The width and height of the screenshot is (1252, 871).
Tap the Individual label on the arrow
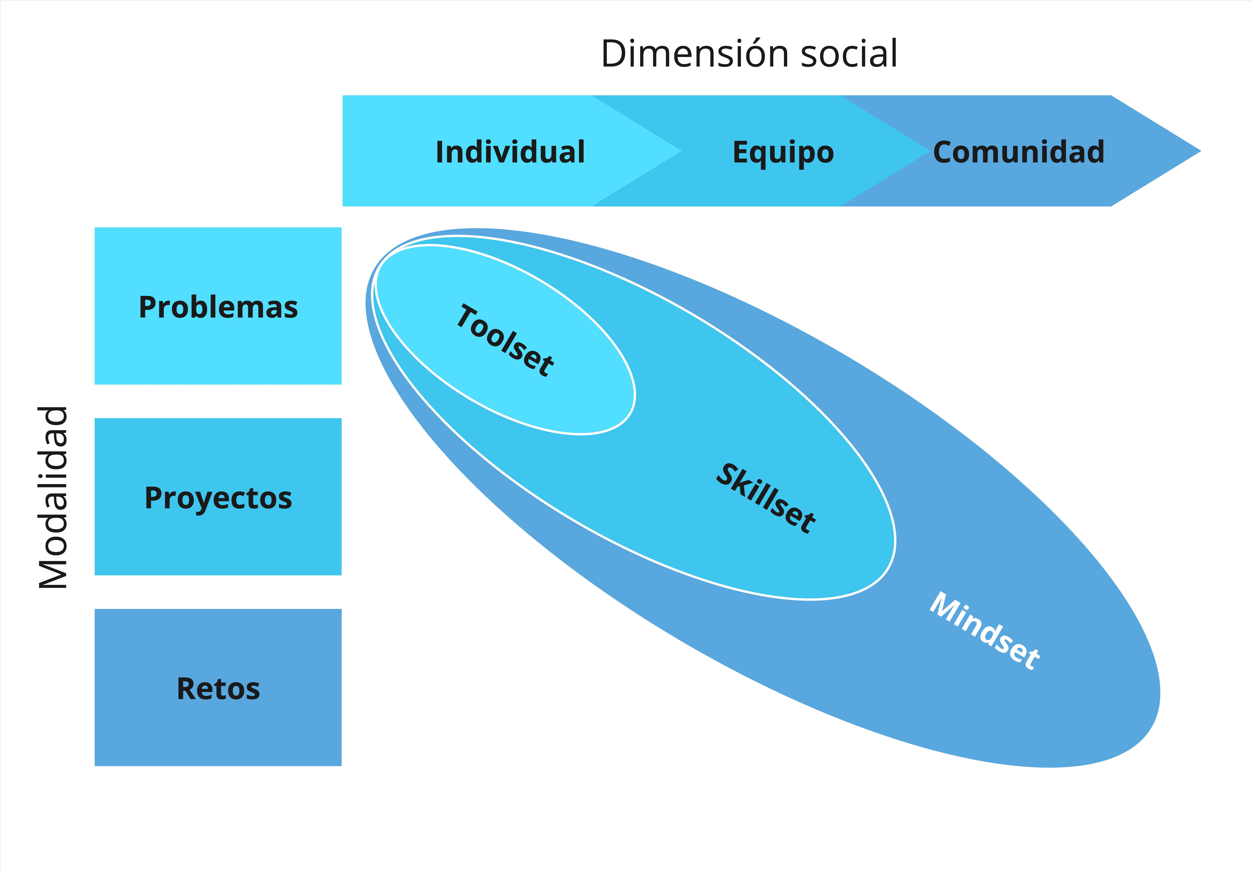(x=510, y=152)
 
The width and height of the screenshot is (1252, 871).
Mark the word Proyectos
(x=218, y=498)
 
